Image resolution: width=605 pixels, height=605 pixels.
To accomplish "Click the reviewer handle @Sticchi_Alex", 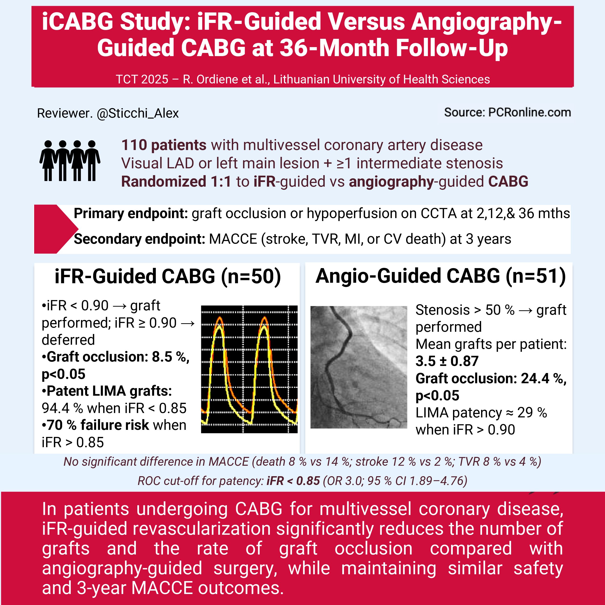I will pos(138,113).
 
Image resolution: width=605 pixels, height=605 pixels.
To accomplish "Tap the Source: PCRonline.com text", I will pos(507,112).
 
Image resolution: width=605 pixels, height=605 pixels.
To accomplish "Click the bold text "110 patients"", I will pos(164,145).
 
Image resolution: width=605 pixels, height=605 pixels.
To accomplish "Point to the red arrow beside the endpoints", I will pos(55,229).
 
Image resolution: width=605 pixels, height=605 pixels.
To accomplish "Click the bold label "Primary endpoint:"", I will pos(131,213).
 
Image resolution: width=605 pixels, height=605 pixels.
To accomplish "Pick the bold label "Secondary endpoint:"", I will pos(139,239).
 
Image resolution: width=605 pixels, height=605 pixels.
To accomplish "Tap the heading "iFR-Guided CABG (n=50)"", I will pos(168,276).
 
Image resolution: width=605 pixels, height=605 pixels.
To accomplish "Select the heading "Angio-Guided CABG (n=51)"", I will pos(440,276).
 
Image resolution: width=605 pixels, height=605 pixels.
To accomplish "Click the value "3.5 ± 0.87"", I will pos(447,361).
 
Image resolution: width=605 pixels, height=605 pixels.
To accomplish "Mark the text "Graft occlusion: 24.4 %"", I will pos(491,378).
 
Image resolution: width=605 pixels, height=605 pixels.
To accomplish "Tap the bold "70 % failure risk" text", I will pos(98,425).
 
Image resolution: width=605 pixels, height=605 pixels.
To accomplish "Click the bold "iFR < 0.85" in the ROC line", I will pos(293,481).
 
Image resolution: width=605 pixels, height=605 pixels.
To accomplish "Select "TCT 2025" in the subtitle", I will pos(142,79).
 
